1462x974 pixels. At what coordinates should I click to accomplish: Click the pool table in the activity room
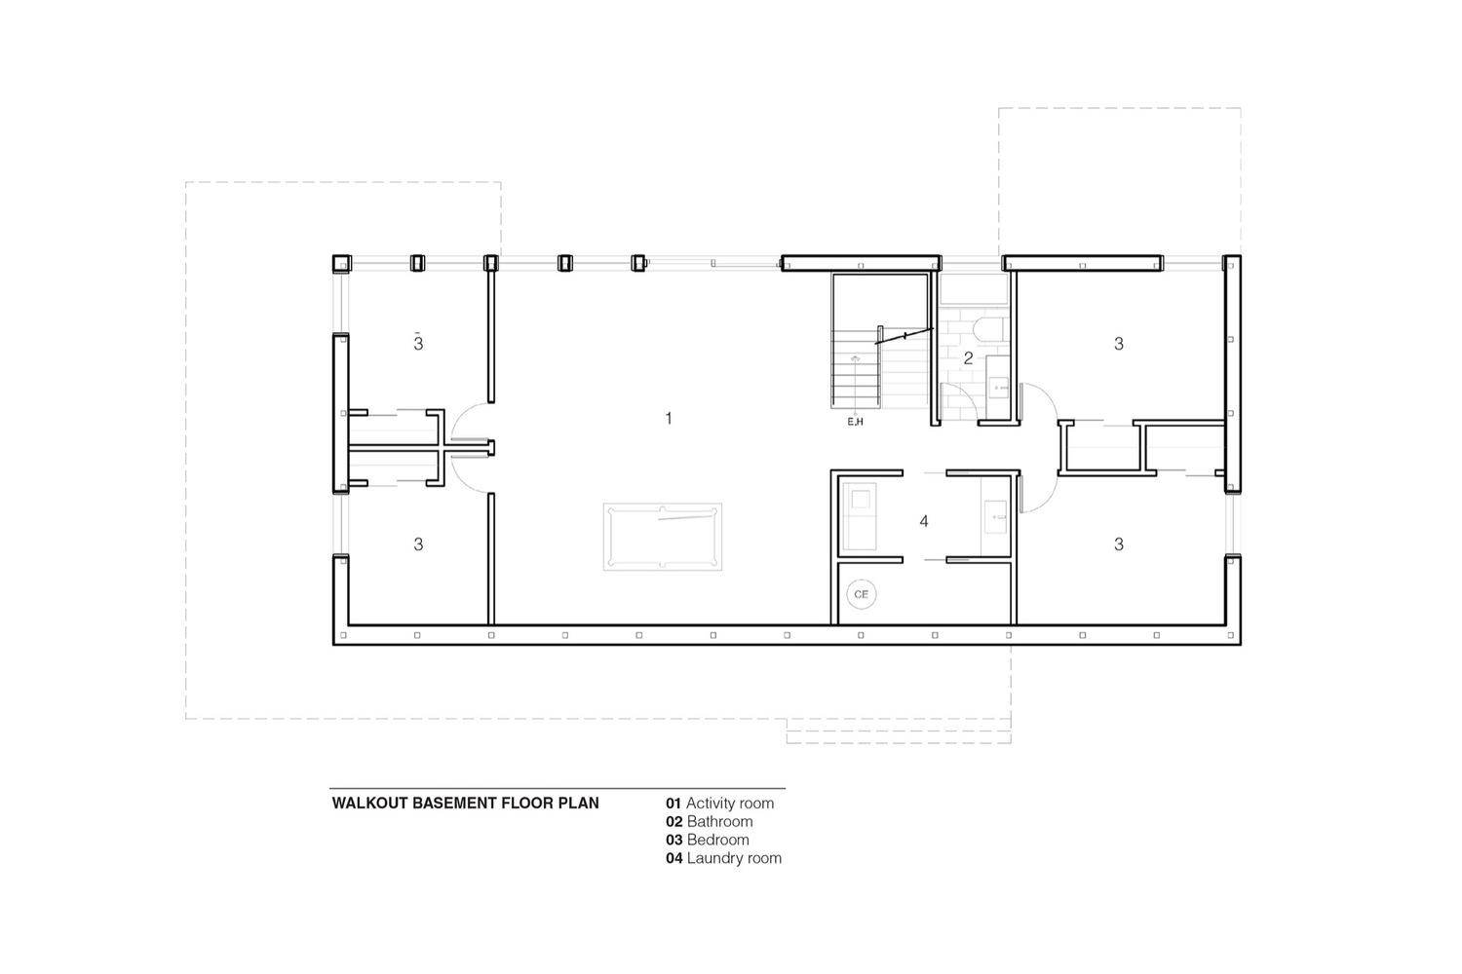pyautogui.click(x=663, y=537)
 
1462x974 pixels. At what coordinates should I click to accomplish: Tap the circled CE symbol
pyautogui.click(x=861, y=594)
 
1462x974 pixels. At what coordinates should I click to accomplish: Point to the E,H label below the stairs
pyautogui.click(x=855, y=422)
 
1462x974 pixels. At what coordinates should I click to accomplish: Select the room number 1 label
pyautogui.click(x=669, y=418)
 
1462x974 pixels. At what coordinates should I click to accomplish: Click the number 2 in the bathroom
pyautogui.click(x=968, y=357)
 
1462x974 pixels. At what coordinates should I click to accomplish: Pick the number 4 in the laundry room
pyautogui.click(x=924, y=520)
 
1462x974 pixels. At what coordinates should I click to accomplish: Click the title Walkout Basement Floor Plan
pyautogui.click(x=465, y=804)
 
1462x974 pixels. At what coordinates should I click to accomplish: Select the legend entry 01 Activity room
pyautogui.click(x=720, y=804)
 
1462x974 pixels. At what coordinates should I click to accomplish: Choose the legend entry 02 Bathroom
pyautogui.click(x=710, y=821)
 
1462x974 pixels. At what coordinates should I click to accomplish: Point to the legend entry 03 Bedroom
pyautogui.click(x=708, y=840)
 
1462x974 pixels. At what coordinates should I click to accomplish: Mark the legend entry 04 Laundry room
pyautogui.click(x=724, y=858)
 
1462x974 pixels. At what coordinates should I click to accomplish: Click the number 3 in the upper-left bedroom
pyautogui.click(x=418, y=343)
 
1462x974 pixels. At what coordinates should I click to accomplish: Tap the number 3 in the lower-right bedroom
pyautogui.click(x=1119, y=544)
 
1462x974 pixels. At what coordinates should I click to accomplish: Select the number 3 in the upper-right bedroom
pyautogui.click(x=1119, y=343)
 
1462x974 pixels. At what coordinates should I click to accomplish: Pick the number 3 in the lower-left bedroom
pyautogui.click(x=418, y=544)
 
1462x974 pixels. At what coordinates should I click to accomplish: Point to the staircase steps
pyautogui.click(x=856, y=369)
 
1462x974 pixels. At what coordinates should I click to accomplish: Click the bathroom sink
pyautogui.click(x=998, y=387)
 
